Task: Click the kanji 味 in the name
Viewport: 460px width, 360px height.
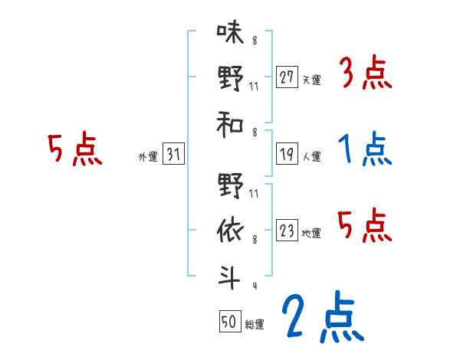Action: click(229, 34)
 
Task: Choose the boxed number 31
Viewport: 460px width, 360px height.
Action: click(173, 155)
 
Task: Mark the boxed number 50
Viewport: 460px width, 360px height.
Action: click(229, 322)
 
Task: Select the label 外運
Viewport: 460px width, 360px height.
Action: click(148, 157)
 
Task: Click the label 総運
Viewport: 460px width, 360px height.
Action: click(255, 324)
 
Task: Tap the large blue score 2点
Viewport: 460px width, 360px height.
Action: click(322, 317)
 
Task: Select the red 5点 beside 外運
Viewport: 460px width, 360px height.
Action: click(74, 149)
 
